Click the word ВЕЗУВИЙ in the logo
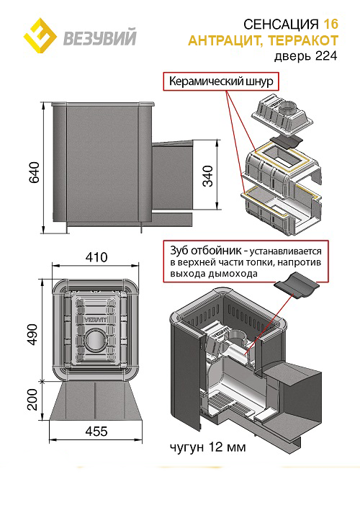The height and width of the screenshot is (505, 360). pos(100,37)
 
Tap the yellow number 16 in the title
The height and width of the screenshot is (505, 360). pos(330,24)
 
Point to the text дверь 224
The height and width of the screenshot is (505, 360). pos(305,56)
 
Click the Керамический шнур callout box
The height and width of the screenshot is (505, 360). pos(221,81)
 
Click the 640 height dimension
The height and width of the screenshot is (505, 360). pos(34,173)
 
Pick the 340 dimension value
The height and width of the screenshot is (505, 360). pos(207,176)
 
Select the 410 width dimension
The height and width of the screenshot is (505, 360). pos(96,257)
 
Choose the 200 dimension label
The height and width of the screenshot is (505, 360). pos(32,400)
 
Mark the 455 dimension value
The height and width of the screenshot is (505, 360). pos(96,432)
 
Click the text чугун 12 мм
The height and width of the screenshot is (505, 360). pos(207,447)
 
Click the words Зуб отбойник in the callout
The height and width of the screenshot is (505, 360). pos(205,250)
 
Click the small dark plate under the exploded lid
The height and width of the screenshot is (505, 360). pos(286,143)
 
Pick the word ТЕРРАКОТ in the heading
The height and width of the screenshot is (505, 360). pos(303,40)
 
